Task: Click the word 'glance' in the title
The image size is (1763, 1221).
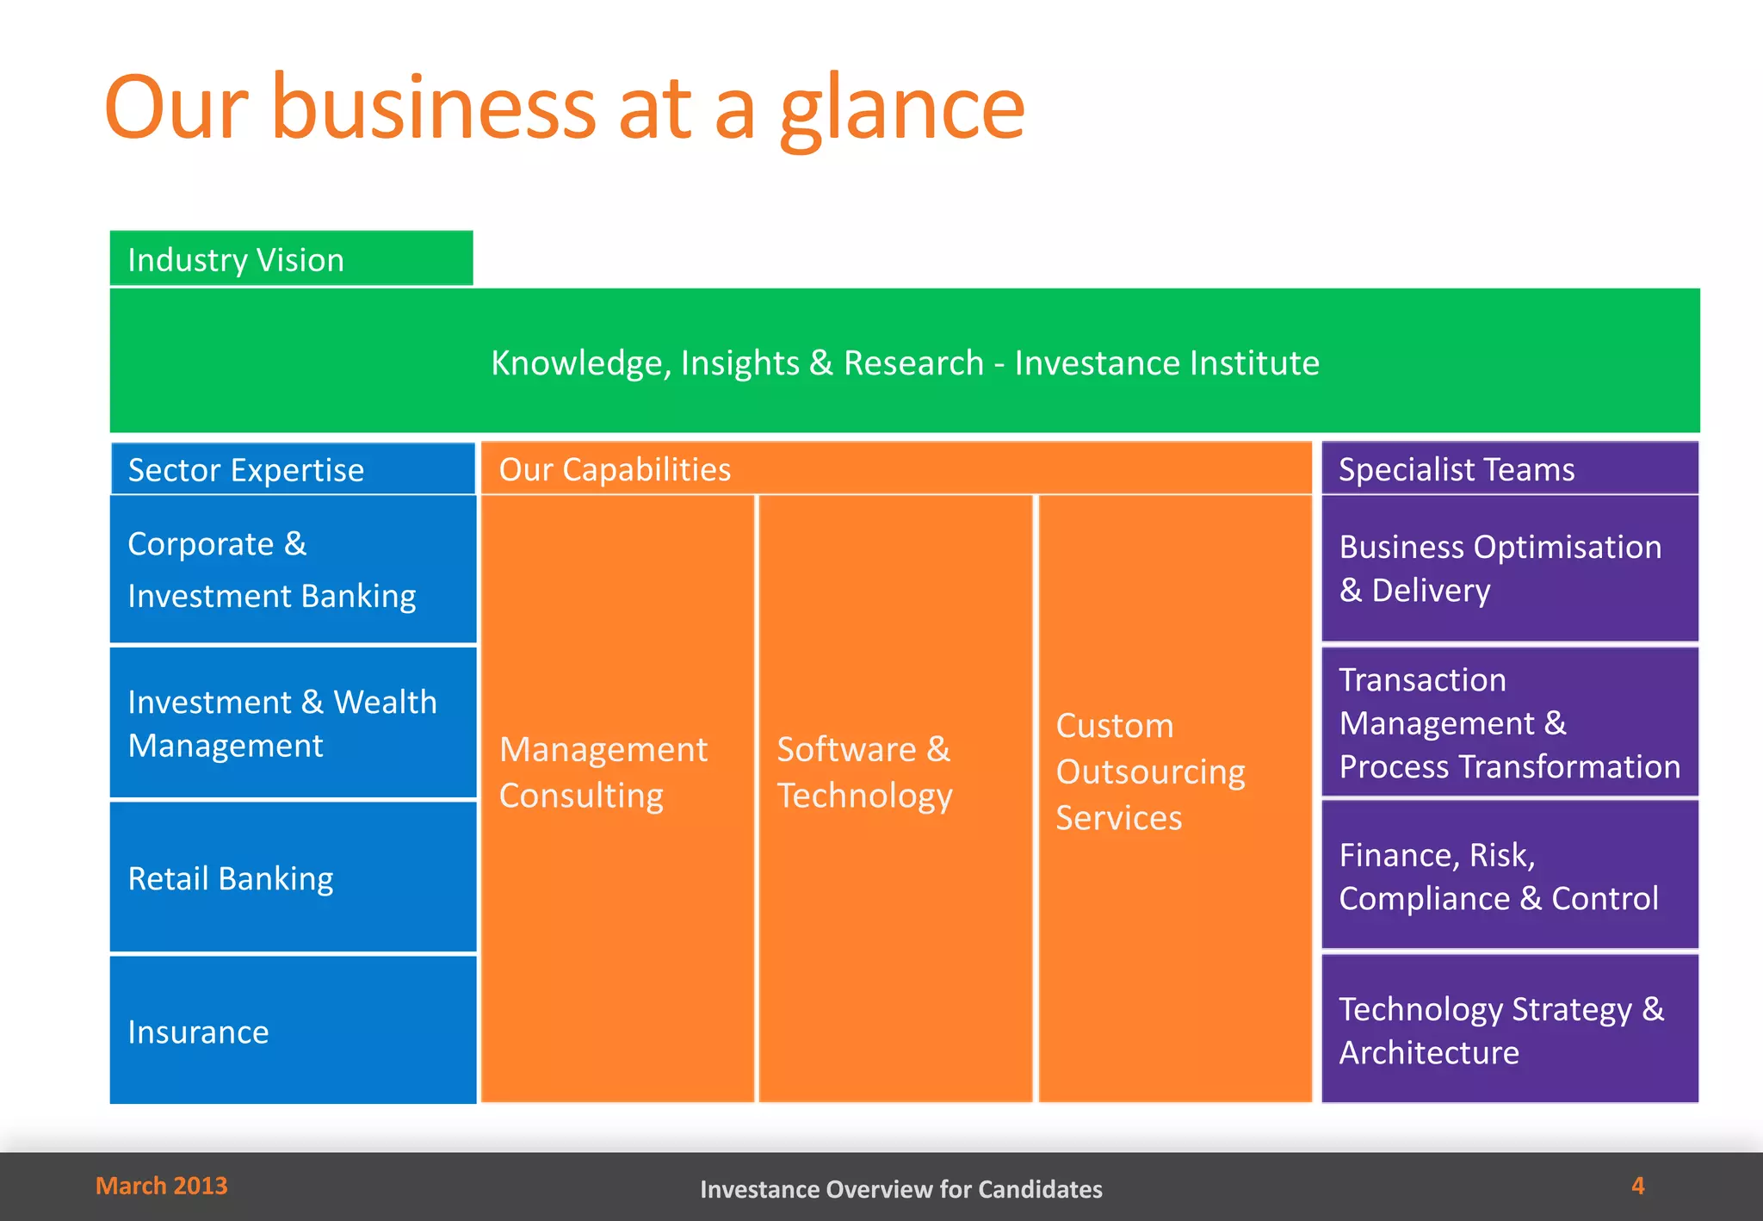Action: click(x=901, y=110)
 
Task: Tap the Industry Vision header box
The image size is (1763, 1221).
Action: click(x=291, y=259)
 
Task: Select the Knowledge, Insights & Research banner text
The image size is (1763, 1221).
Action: click(x=904, y=363)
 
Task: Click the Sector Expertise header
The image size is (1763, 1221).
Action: click(x=246, y=470)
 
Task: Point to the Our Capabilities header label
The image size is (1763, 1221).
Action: click(x=615, y=469)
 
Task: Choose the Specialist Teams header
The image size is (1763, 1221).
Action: click(x=1457, y=469)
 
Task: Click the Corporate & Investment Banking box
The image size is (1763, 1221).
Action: click(x=293, y=569)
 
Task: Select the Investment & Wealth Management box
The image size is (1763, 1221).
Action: click(x=293, y=723)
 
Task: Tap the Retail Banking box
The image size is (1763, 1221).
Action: click(x=293, y=877)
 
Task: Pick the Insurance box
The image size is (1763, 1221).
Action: click(x=293, y=1031)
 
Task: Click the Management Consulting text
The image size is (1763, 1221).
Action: click(x=603, y=772)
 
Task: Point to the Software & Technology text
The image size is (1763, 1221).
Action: click(x=864, y=772)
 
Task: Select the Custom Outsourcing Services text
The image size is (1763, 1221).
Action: click(x=1150, y=772)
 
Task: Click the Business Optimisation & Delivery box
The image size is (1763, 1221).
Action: click(x=1509, y=568)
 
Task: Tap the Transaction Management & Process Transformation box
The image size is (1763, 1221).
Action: click(x=1509, y=722)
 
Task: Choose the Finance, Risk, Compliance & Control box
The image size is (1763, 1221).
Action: click(x=1509, y=876)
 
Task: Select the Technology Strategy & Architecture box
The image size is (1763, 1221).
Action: click(x=1509, y=1030)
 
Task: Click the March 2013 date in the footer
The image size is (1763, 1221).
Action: click(x=162, y=1186)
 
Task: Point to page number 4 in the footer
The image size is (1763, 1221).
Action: click(x=1637, y=1186)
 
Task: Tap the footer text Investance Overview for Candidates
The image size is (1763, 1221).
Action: click(x=900, y=1189)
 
